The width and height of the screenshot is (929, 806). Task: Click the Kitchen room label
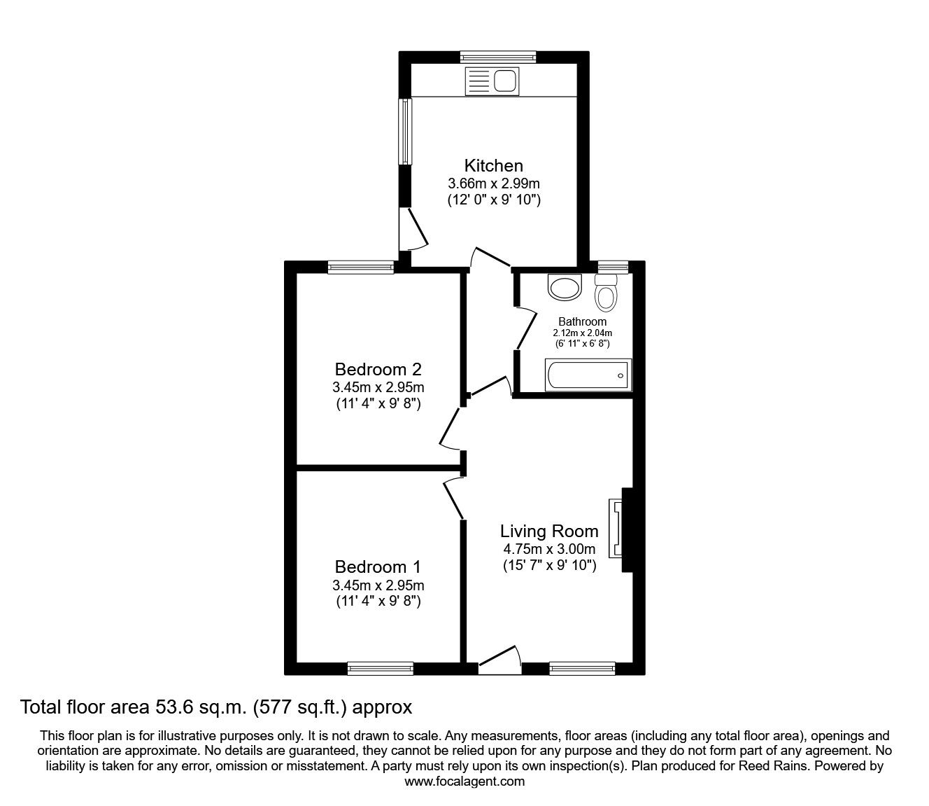pyautogui.click(x=493, y=166)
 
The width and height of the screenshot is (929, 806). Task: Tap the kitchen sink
pyautogui.click(x=491, y=81)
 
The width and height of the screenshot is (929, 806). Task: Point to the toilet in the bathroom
pyautogui.click(x=606, y=293)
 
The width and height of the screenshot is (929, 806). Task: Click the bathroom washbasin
pyautogui.click(x=565, y=286)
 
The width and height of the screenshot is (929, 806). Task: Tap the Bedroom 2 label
pyautogui.click(x=378, y=369)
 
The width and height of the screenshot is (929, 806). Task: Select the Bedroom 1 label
pyautogui.click(x=378, y=567)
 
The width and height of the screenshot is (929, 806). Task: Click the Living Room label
pyautogui.click(x=549, y=531)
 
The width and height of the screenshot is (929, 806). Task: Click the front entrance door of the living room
pyautogui.click(x=499, y=662)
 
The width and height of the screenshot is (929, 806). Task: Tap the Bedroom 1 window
pyautogui.click(x=380, y=669)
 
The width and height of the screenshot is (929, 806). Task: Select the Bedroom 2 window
pyautogui.click(x=361, y=266)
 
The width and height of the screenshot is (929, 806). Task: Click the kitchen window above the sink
pyautogui.click(x=498, y=57)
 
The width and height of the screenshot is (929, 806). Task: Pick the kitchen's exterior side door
pyautogui.click(x=412, y=228)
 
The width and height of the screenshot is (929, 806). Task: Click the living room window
pyautogui.click(x=582, y=669)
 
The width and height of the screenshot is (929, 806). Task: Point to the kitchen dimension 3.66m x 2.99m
pyautogui.click(x=493, y=183)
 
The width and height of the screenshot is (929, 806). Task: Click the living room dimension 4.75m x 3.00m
pyautogui.click(x=549, y=549)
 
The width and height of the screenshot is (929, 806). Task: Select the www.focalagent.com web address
pyautogui.click(x=464, y=781)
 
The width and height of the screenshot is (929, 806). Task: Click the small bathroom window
pyautogui.click(x=613, y=266)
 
